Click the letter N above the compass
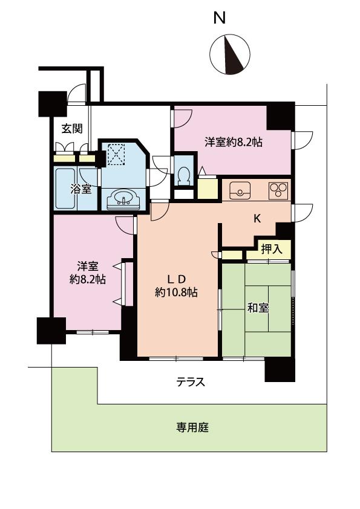(219, 18)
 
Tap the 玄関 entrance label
(71, 128)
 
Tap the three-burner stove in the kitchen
(278, 190)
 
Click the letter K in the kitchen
(257, 219)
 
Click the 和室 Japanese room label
(258, 308)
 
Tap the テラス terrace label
(191, 382)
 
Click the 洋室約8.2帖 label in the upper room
(233, 143)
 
